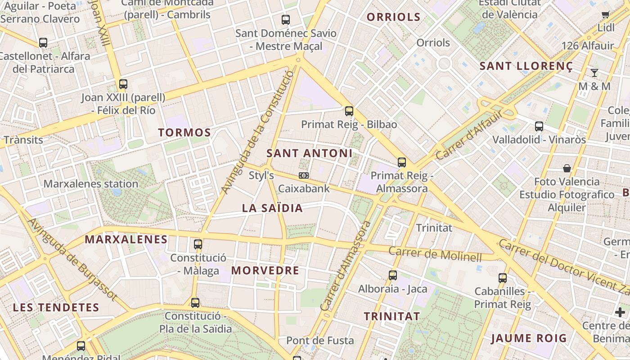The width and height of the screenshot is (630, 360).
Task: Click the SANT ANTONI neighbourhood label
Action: click(x=309, y=153)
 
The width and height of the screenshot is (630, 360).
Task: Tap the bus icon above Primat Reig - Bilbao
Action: click(x=349, y=111)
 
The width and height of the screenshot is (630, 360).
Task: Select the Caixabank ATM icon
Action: click(x=304, y=175)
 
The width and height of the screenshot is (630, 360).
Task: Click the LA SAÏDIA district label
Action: click(x=272, y=208)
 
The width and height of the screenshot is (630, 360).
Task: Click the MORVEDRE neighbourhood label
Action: click(x=265, y=270)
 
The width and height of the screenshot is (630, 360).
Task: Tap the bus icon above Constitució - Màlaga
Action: click(x=198, y=244)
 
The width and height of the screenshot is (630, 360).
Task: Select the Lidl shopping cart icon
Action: click(x=606, y=15)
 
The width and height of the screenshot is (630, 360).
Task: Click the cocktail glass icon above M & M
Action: click(x=594, y=72)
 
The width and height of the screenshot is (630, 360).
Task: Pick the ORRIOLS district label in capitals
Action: click(x=393, y=18)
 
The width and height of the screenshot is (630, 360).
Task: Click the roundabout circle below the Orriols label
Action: click(x=444, y=63)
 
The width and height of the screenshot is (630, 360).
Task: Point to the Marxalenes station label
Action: click(x=90, y=184)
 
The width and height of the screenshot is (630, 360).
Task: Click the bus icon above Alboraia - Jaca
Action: click(x=392, y=275)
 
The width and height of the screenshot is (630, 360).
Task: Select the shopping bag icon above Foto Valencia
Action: click(x=567, y=168)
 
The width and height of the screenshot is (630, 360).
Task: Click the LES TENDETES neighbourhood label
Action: click(x=56, y=308)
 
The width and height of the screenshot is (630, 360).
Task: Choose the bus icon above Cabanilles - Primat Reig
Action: click(x=502, y=278)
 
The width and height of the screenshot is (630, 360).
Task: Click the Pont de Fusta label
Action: click(x=320, y=341)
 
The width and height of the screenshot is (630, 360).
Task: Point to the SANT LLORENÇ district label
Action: click(x=526, y=67)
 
